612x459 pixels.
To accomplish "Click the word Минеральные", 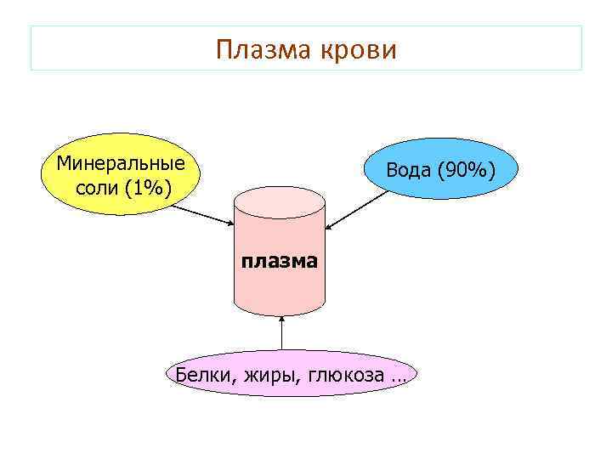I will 120,161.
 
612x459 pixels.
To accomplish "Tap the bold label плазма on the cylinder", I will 279,260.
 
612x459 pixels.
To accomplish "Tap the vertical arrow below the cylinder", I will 280,335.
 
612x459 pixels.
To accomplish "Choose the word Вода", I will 409,170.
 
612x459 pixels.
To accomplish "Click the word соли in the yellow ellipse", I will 96,186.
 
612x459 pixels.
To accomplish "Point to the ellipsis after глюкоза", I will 399,377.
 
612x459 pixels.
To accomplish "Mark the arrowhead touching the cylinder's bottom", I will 280,320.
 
